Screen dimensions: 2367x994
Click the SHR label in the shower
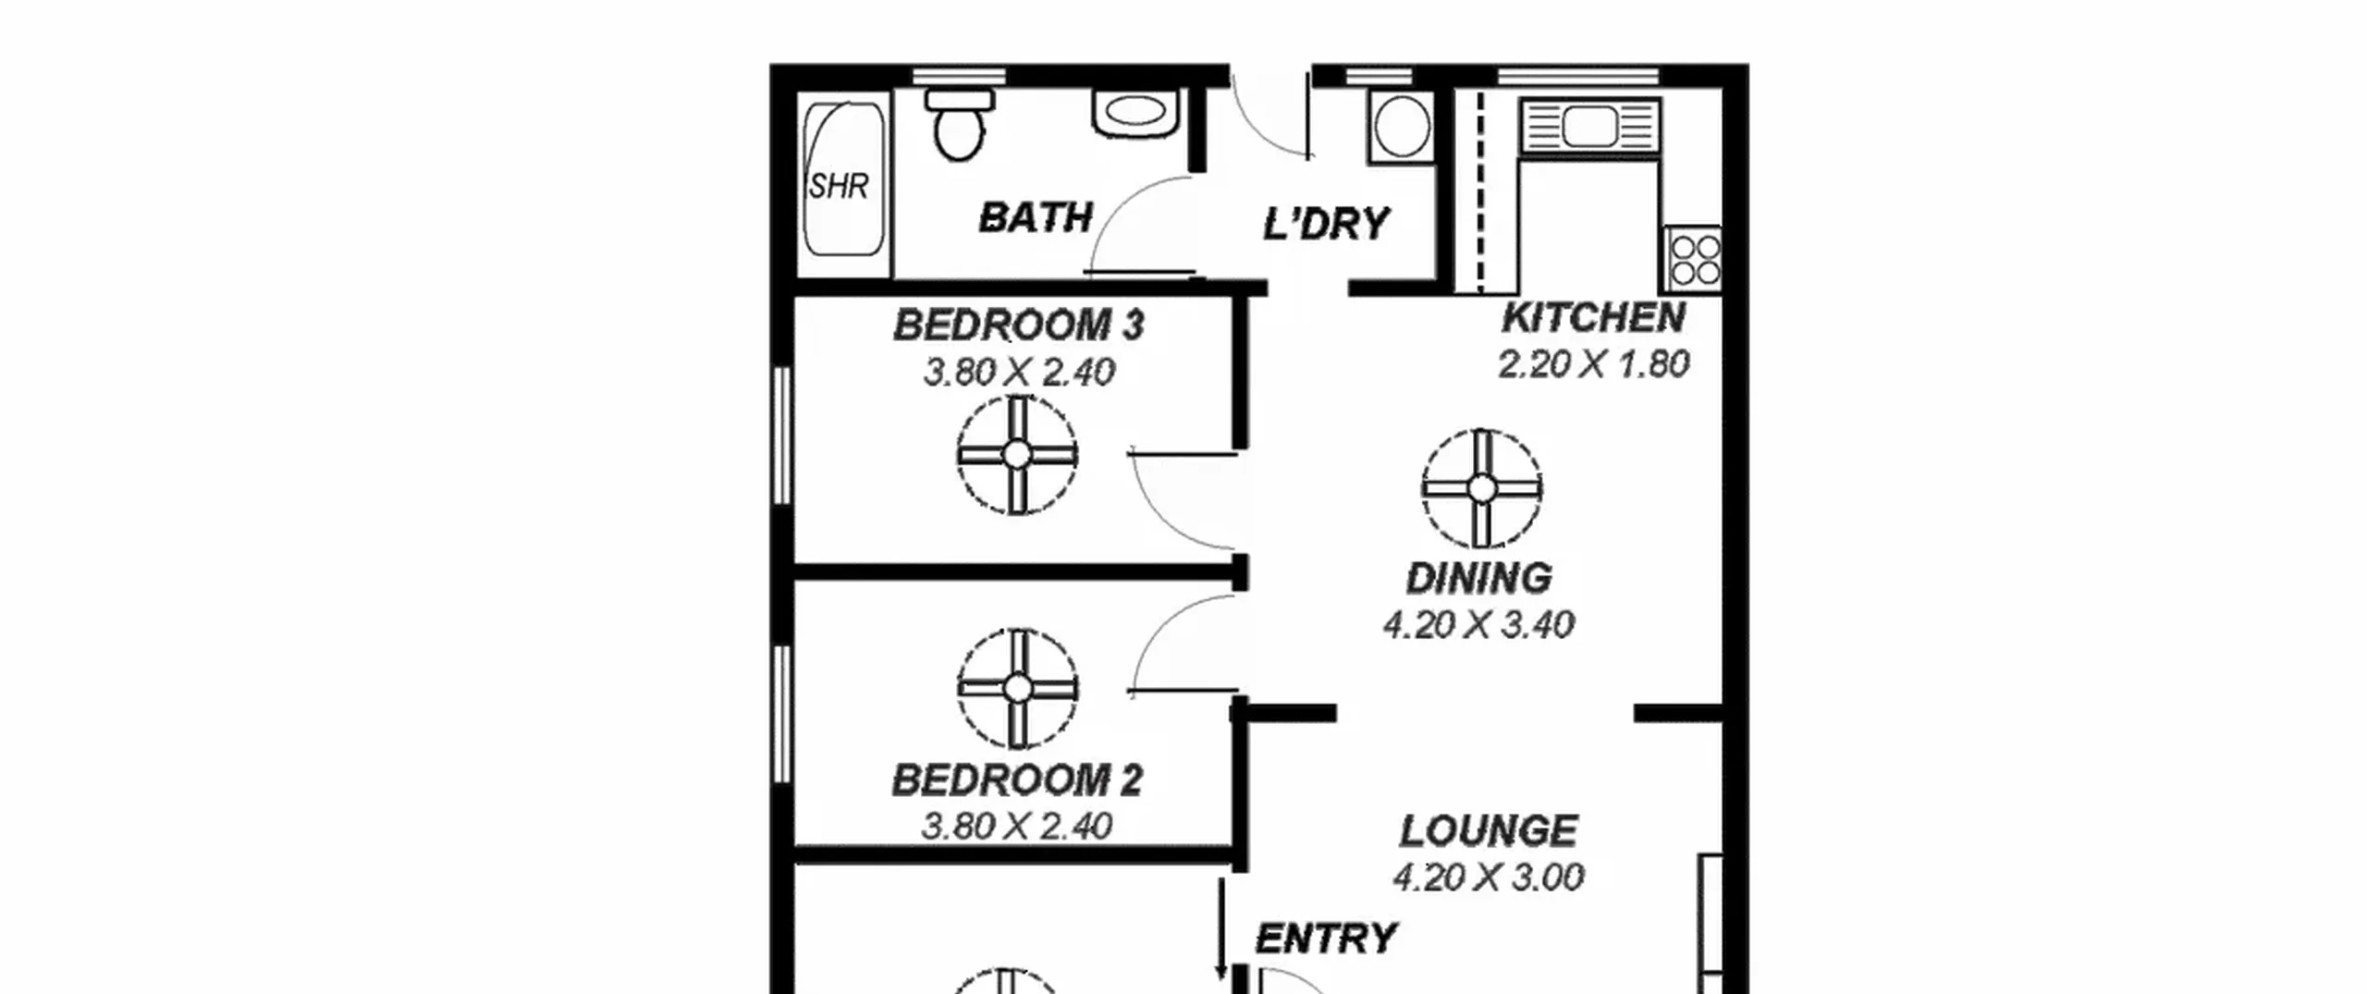tap(839, 187)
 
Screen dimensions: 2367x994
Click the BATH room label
tap(1036, 218)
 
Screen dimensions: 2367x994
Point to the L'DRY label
tap(1326, 224)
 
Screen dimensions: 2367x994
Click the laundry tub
tap(1402, 127)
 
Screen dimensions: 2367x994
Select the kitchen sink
tap(1590, 127)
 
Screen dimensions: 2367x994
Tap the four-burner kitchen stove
tap(1694, 259)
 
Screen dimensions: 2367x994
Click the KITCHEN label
tap(1593, 318)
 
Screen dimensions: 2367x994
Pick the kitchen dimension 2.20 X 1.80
tap(1594, 364)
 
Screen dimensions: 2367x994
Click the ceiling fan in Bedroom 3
tap(1017, 455)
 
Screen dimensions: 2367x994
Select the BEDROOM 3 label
tap(1019, 325)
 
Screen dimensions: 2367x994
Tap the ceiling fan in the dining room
tap(1482, 488)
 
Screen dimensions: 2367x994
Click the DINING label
tap(1479, 579)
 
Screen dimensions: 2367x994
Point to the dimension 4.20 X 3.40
tap(1478, 625)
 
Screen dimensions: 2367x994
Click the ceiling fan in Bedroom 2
tap(1017, 689)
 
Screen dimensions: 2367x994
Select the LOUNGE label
tap(1489, 831)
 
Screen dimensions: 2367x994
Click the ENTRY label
tap(1326, 939)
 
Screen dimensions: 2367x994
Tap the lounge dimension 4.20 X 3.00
tap(1489, 877)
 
